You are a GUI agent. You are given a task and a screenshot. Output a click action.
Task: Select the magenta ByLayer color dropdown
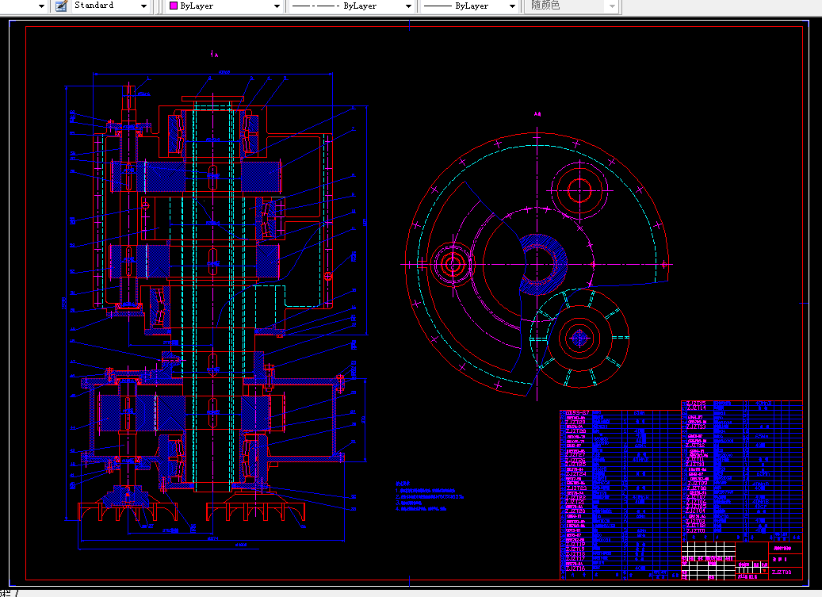point(226,6)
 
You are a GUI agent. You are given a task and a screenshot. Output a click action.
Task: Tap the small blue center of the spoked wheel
point(578,338)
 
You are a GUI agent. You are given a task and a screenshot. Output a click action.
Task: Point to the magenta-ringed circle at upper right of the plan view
point(579,189)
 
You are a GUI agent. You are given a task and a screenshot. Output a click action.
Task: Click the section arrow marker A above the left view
point(215,55)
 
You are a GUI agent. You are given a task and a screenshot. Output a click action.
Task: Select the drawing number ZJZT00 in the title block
point(781,572)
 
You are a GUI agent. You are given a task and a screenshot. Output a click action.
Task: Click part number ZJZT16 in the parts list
point(575,568)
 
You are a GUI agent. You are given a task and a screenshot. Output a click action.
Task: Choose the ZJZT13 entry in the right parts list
point(696,426)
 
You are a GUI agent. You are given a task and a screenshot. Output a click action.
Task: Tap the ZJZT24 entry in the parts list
point(575,473)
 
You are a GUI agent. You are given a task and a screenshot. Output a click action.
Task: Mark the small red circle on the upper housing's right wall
point(328,276)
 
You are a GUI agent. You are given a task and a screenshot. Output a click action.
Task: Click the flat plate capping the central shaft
point(211,98)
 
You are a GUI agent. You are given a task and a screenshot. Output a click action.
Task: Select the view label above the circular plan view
point(537,114)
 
